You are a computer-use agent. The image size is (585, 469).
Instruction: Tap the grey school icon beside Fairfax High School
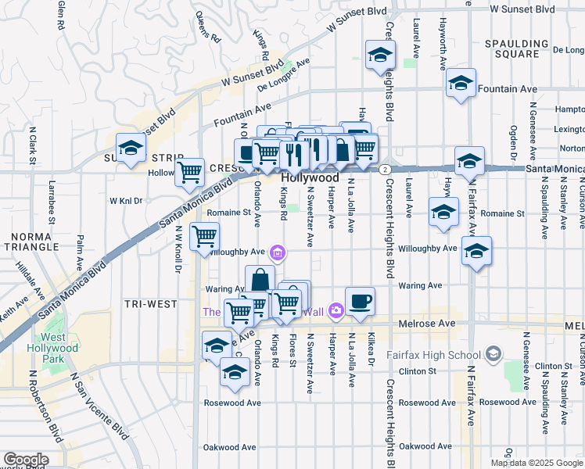pyautogui.click(x=493, y=355)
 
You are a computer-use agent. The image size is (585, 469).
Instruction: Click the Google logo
pyautogui.click(x=25, y=460)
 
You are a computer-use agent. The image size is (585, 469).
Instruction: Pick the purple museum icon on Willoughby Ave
pyautogui.click(x=277, y=252)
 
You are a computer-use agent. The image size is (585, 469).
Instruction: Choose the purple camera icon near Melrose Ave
pyautogui.click(x=336, y=311)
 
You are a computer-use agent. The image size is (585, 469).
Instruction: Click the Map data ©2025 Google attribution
pyautogui.click(x=537, y=463)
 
